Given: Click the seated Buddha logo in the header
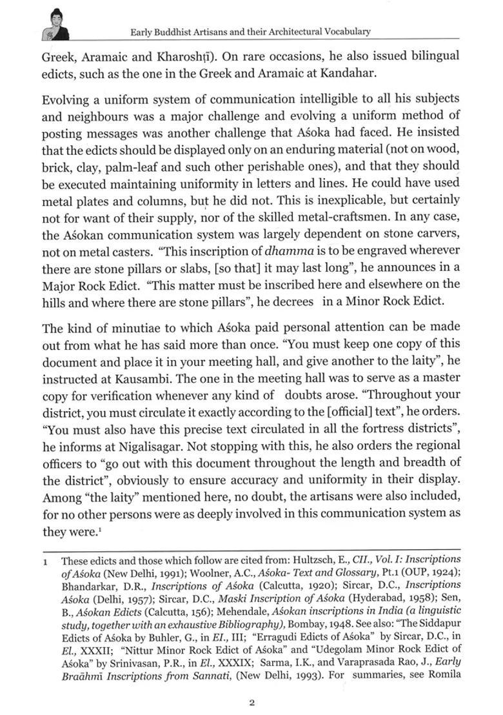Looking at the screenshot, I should point(54,25).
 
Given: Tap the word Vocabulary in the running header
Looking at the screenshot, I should point(341,31).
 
